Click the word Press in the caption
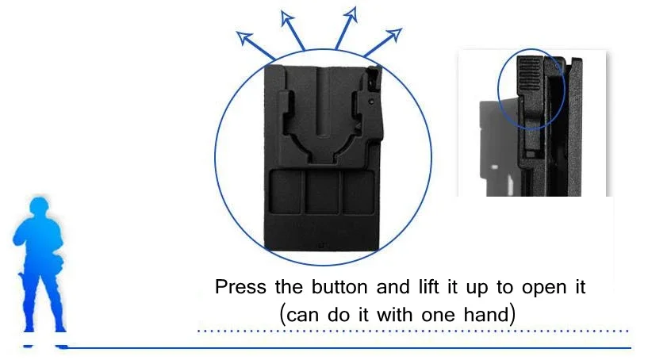pos(240,287)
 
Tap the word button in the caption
pos(339,287)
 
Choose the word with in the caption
pos(395,315)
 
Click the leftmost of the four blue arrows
pos(255,46)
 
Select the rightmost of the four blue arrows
pos(382,42)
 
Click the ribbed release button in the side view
pos(529,74)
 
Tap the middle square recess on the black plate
pos(322,192)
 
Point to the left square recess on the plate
pos(286,192)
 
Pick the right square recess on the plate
pos(359,192)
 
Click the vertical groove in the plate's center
pos(323,101)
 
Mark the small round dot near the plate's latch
pos(371,101)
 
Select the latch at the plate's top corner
pos(374,79)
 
